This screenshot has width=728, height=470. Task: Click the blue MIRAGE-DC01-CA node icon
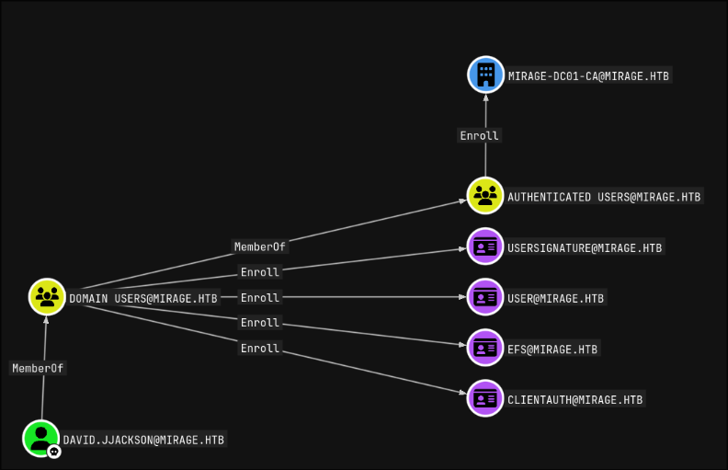point(485,75)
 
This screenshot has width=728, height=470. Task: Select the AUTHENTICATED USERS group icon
point(485,196)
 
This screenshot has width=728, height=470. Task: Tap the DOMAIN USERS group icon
point(47,296)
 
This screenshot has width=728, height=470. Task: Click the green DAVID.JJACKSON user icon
point(40,438)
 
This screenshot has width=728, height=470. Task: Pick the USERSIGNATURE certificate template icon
point(485,246)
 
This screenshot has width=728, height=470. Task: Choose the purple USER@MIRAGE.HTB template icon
point(485,297)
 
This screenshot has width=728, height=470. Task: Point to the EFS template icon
point(485,348)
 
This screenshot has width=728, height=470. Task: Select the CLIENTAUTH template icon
point(485,398)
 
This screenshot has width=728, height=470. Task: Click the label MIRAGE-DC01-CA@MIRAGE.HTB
point(588,75)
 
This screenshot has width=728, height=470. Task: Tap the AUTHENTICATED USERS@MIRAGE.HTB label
point(604,197)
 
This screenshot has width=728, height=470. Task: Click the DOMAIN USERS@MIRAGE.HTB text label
point(143,297)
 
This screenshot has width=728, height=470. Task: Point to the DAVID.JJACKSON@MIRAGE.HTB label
point(143,440)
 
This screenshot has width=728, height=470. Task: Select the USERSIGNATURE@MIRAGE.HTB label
point(585,247)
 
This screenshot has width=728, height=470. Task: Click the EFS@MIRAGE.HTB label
point(552,349)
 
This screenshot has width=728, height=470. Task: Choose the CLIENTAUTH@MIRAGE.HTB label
point(574,399)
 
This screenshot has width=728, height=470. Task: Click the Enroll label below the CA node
point(479,135)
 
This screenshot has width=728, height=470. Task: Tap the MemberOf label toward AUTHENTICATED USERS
point(260,246)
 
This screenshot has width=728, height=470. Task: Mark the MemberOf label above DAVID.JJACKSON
point(39,368)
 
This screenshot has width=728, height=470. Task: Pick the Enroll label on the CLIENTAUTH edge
point(259,349)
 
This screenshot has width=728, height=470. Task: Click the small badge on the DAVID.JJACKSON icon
point(54,452)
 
